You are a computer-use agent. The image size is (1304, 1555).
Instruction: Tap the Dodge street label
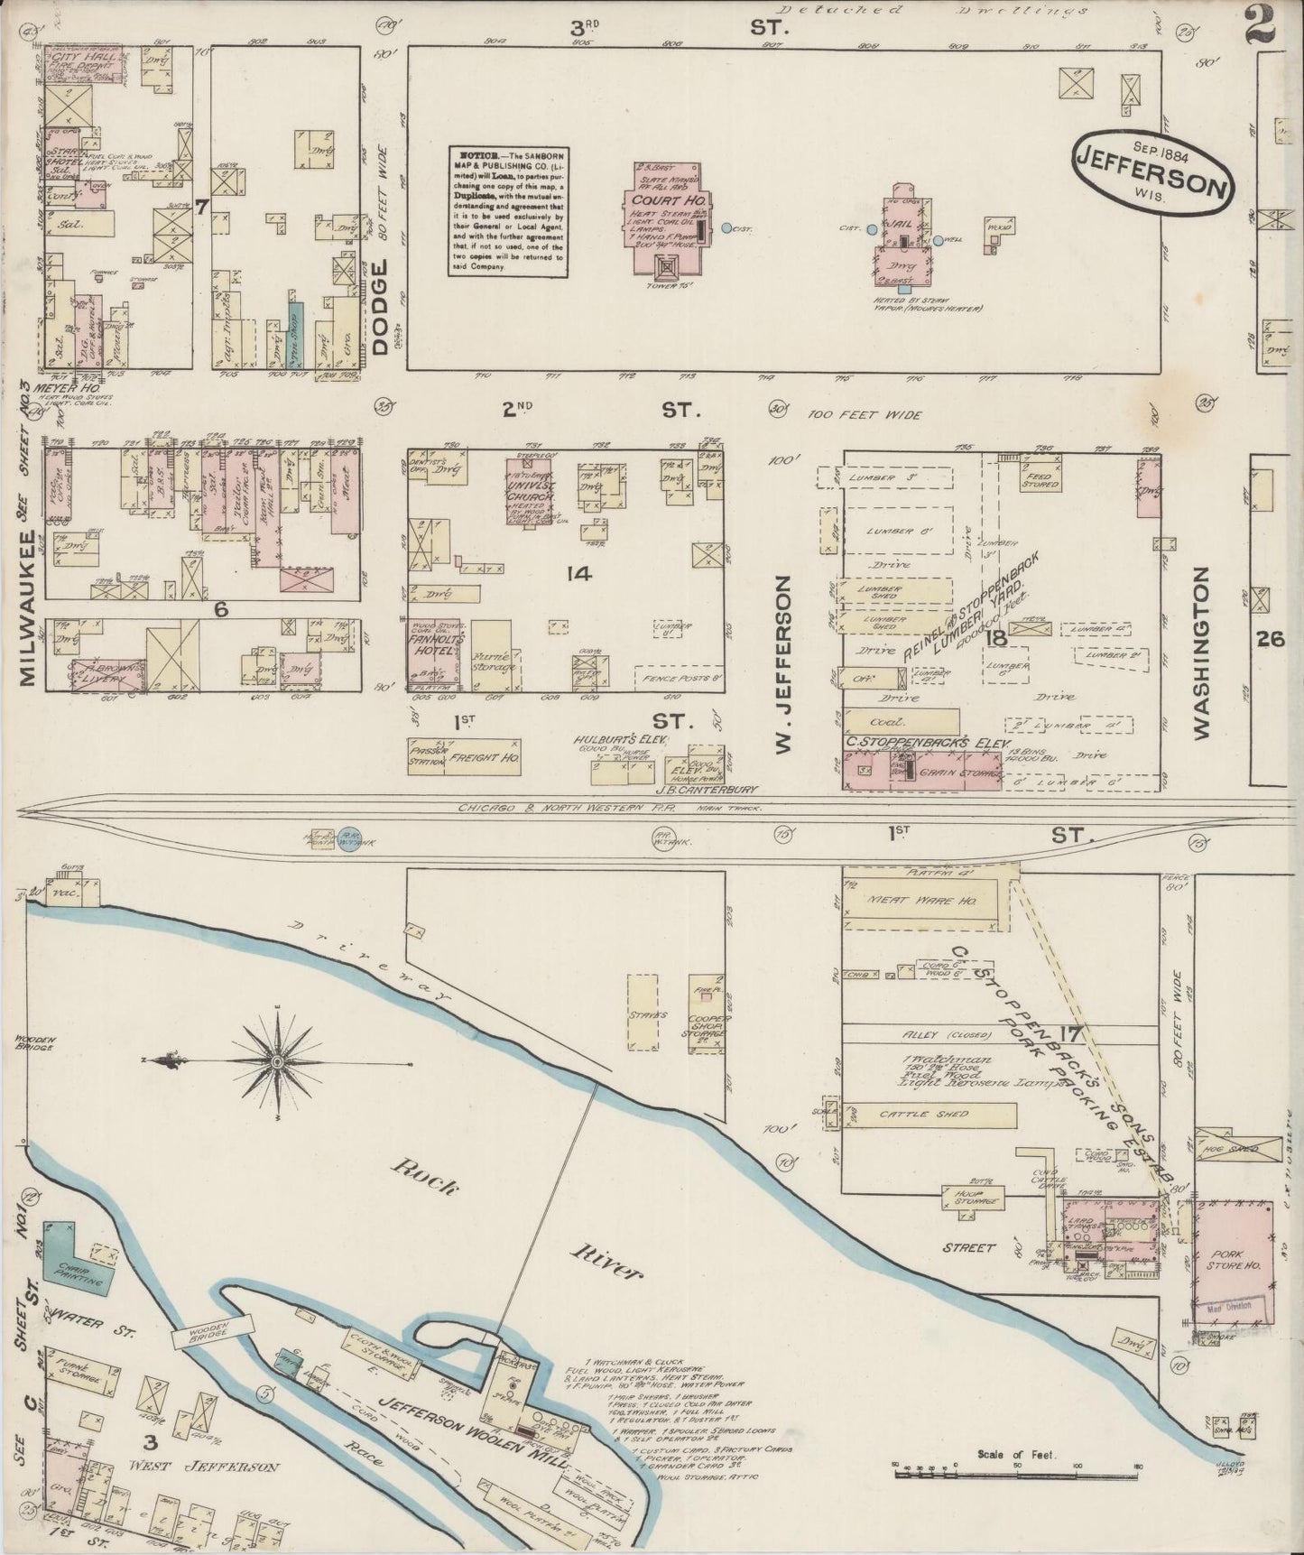click(379, 310)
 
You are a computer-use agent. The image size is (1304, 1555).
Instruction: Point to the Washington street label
click(1200, 654)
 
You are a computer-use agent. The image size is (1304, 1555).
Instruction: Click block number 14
click(578, 573)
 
